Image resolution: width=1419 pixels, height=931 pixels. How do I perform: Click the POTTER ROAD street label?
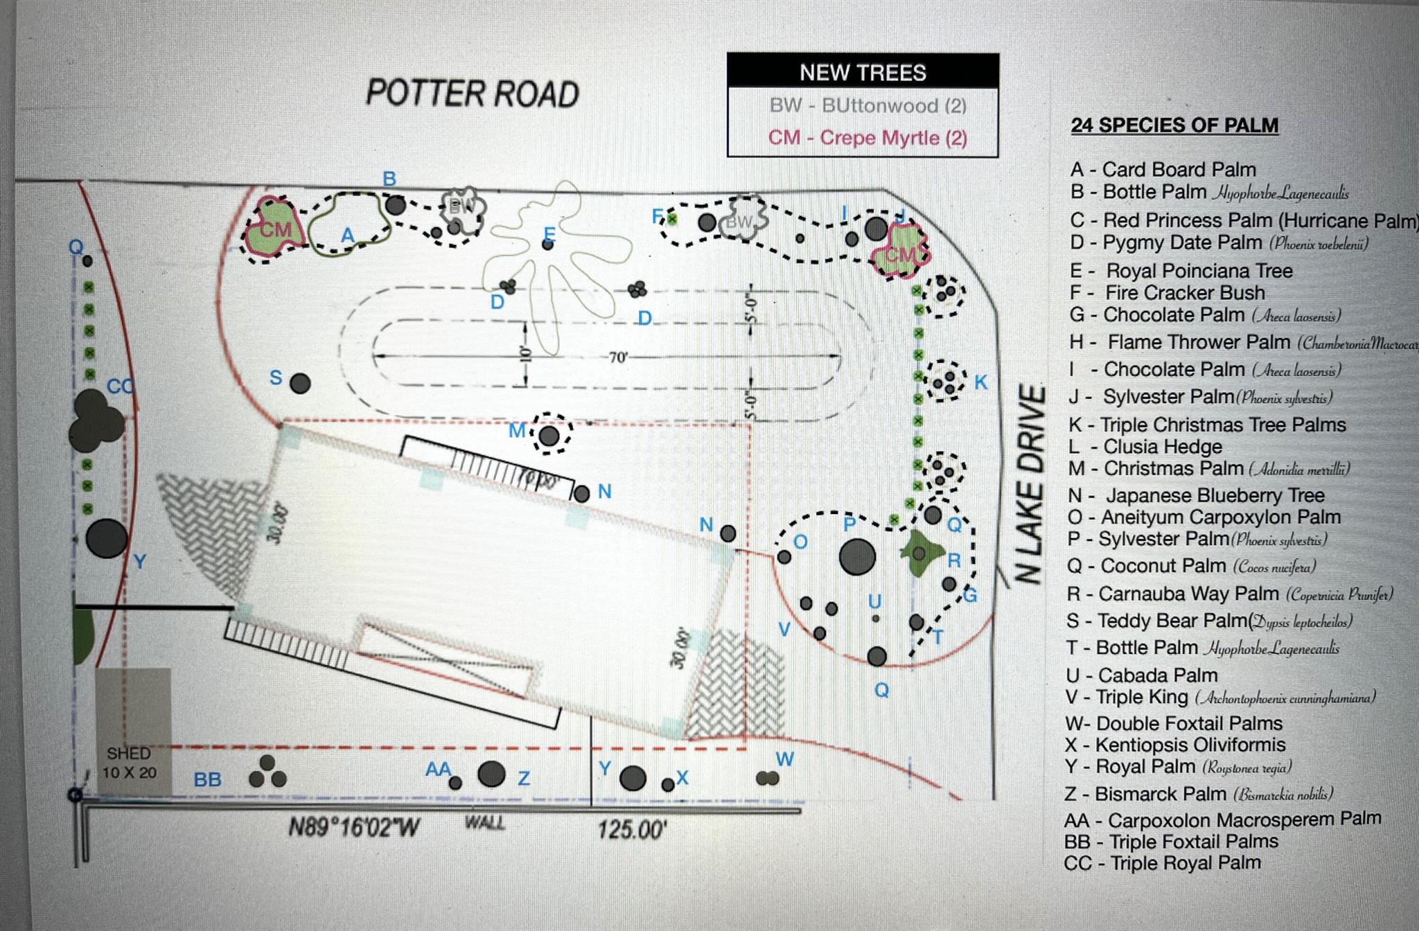(x=472, y=94)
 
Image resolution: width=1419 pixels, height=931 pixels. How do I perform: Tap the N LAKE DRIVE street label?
(x=1030, y=484)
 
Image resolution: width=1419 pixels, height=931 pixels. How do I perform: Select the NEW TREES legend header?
(x=863, y=72)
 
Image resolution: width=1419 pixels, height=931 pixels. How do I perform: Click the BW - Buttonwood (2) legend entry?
(x=867, y=106)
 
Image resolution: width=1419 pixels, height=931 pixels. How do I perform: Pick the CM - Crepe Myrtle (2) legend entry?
(x=867, y=137)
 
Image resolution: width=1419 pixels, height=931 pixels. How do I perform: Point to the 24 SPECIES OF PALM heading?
(x=1174, y=125)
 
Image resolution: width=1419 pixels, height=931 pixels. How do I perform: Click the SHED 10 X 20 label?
(x=130, y=763)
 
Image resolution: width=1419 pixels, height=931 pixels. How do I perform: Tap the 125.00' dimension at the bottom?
(x=632, y=829)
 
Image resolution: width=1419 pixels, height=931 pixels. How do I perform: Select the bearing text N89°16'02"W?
(x=354, y=827)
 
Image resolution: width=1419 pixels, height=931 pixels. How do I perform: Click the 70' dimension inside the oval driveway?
(x=617, y=357)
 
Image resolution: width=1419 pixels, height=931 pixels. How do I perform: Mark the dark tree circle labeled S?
(x=300, y=383)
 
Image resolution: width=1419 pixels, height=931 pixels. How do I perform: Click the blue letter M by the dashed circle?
(x=517, y=431)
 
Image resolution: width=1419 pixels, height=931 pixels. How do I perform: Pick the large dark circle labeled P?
(x=857, y=556)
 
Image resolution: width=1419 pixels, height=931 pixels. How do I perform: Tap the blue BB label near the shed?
(x=207, y=780)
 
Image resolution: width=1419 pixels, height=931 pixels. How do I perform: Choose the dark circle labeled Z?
(x=491, y=774)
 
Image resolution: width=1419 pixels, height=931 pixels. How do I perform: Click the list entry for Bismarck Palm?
(x=1199, y=794)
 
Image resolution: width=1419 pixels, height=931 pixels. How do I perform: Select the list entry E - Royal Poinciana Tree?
(x=1181, y=271)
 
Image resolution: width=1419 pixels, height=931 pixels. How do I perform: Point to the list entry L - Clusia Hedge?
(x=1145, y=447)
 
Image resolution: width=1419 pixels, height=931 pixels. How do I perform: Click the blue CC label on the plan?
(x=120, y=387)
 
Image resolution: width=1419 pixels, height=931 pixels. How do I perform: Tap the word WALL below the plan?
(x=484, y=823)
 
